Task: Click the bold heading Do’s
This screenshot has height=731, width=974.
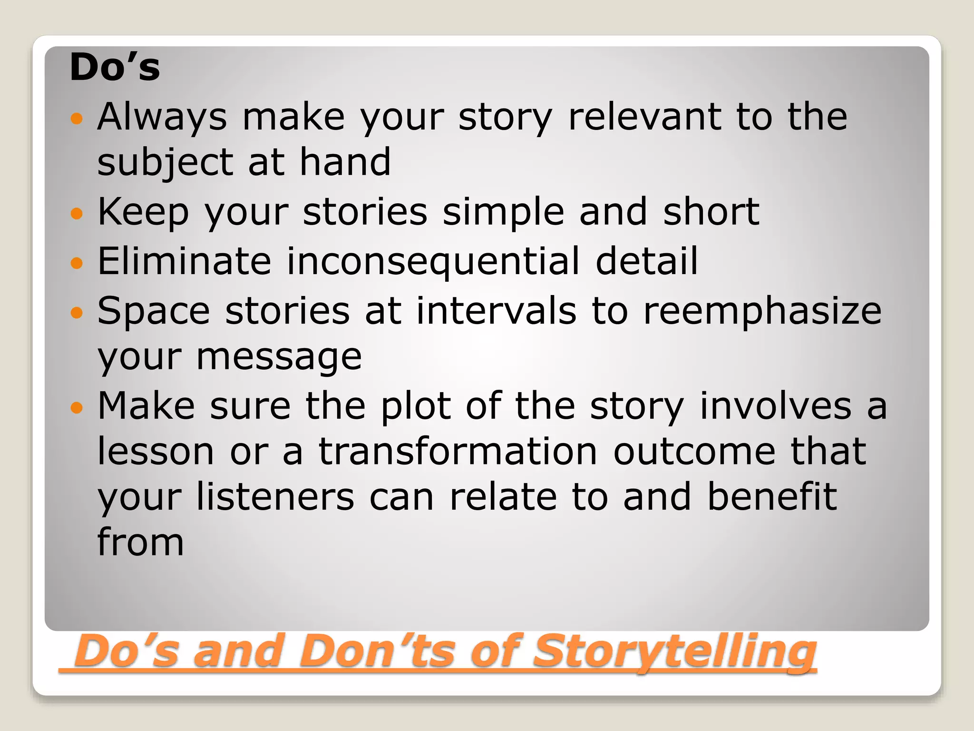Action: pyautogui.click(x=115, y=68)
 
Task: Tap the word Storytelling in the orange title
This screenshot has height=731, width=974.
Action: pyautogui.click(x=674, y=651)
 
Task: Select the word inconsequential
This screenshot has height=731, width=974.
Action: pyautogui.click(x=434, y=262)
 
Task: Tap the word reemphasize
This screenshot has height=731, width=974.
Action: pyautogui.click(x=762, y=311)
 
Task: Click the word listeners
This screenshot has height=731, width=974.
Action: pyautogui.click(x=275, y=497)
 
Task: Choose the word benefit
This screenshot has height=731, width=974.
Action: pyautogui.click(x=772, y=497)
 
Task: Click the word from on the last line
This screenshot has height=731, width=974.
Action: pyautogui.click(x=140, y=542)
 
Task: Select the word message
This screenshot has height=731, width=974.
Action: pyautogui.click(x=279, y=357)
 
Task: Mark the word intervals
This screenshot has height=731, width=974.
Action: pyautogui.click(x=496, y=311)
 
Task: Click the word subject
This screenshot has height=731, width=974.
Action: pyautogui.click(x=165, y=163)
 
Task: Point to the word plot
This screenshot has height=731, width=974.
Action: pyautogui.click(x=416, y=406)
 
